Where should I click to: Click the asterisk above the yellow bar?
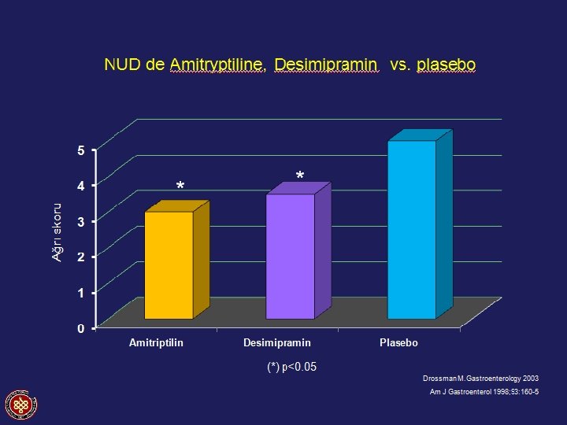tap(180, 186)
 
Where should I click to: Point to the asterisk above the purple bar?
tap(300, 176)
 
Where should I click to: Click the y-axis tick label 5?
tap(81, 150)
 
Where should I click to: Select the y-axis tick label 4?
tap(81, 186)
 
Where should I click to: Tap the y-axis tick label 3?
tap(81, 221)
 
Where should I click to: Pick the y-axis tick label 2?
tap(81, 257)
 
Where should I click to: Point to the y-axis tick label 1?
tap(81, 292)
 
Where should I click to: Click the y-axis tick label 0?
tap(81, 328)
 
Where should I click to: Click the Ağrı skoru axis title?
tap(57, 232)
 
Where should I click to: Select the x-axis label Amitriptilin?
tap(156, 342)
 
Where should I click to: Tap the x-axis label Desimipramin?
tap(277, 342)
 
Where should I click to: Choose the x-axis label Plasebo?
tap(398, 342)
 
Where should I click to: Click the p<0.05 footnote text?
tap(292, 367)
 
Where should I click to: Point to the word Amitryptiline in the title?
tap(217, 65)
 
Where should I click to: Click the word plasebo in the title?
tap(446, 65)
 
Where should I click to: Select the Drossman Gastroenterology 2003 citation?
tap(480, 379)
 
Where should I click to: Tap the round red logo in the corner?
tap(21, 405)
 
